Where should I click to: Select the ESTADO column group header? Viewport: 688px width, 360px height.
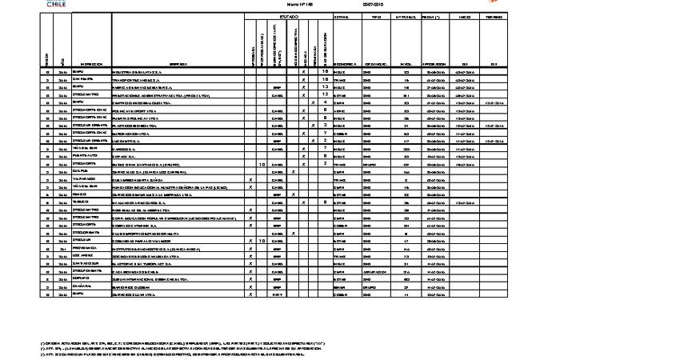[288, 16]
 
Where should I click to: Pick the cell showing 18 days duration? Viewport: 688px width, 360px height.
[325, 71]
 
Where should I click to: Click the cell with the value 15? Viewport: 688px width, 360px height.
[325, 79]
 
